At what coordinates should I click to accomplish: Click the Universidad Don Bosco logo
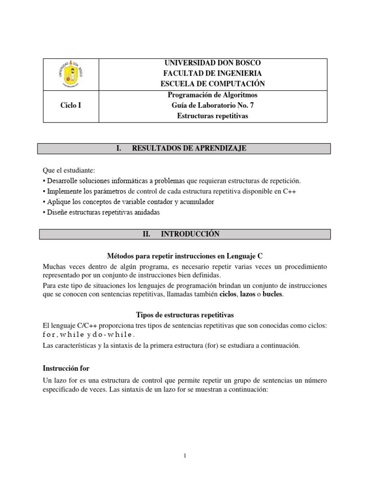point(70,74)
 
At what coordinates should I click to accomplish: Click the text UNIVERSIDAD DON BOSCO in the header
point(212,64)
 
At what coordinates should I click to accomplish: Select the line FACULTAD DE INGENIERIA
point(212,73)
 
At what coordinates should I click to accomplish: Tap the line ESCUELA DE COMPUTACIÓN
point(212,83)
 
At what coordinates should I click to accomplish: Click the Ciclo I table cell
point(70,105)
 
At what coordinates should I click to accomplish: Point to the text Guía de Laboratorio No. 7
point(212,105)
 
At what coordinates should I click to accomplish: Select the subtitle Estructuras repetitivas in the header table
point(212,116)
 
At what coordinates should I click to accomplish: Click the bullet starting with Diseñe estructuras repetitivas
point(101,212)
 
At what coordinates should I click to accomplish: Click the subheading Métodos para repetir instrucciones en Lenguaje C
point(185,255)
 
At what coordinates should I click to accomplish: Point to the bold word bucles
point(273,294)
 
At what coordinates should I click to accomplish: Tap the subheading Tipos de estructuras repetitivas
point(185,315)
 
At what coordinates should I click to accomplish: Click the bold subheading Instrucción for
point(66,368)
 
